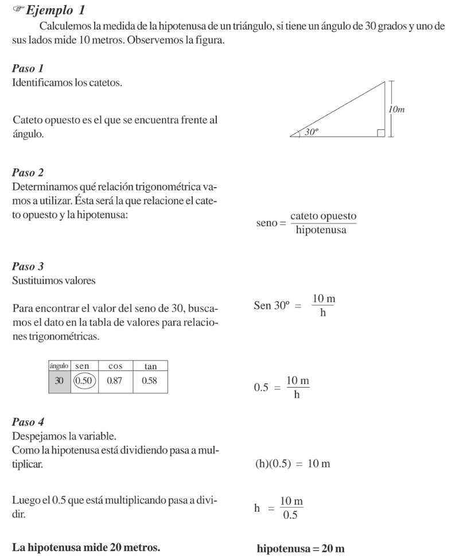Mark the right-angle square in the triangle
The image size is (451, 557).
[380, 133]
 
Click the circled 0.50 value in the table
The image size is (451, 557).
[84, 381]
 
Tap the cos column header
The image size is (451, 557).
[115, 366]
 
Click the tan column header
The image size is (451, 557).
[149, 366]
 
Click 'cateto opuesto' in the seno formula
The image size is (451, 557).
[324, 216]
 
